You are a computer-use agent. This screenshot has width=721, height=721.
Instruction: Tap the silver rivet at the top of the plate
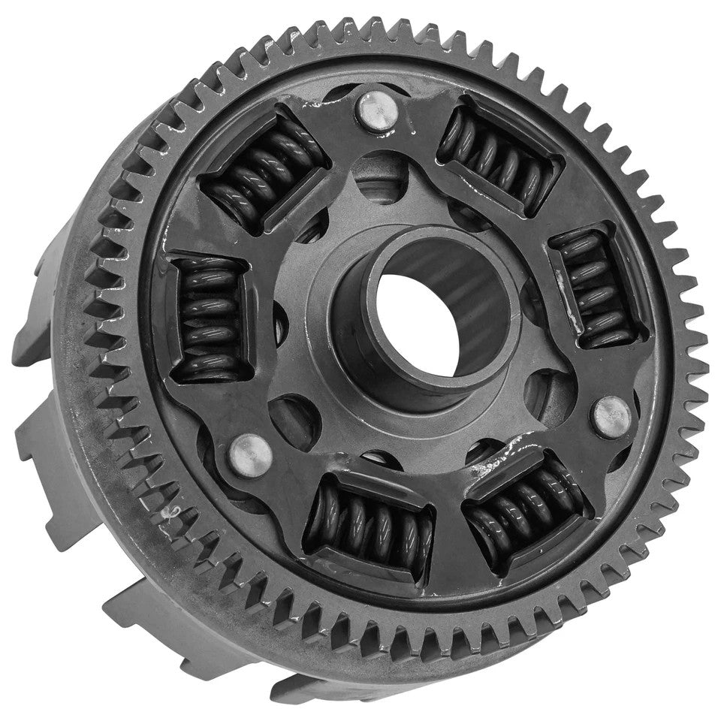[378, 110]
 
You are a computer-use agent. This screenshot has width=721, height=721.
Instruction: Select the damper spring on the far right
[599, 288]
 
